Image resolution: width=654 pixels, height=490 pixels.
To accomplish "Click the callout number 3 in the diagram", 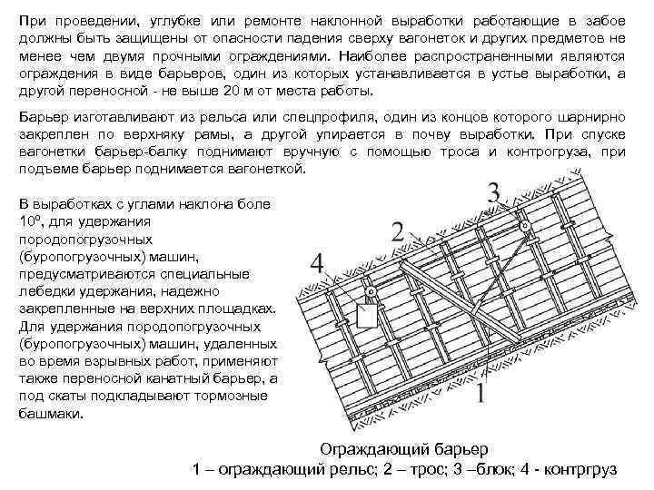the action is tap(493, 193).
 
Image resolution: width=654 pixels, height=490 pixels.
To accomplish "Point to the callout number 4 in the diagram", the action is tap(316, 263).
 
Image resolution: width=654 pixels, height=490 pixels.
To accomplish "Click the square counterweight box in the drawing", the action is tap(368, 314).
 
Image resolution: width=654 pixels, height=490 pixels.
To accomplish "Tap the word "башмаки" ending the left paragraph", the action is tap(50, 413).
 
